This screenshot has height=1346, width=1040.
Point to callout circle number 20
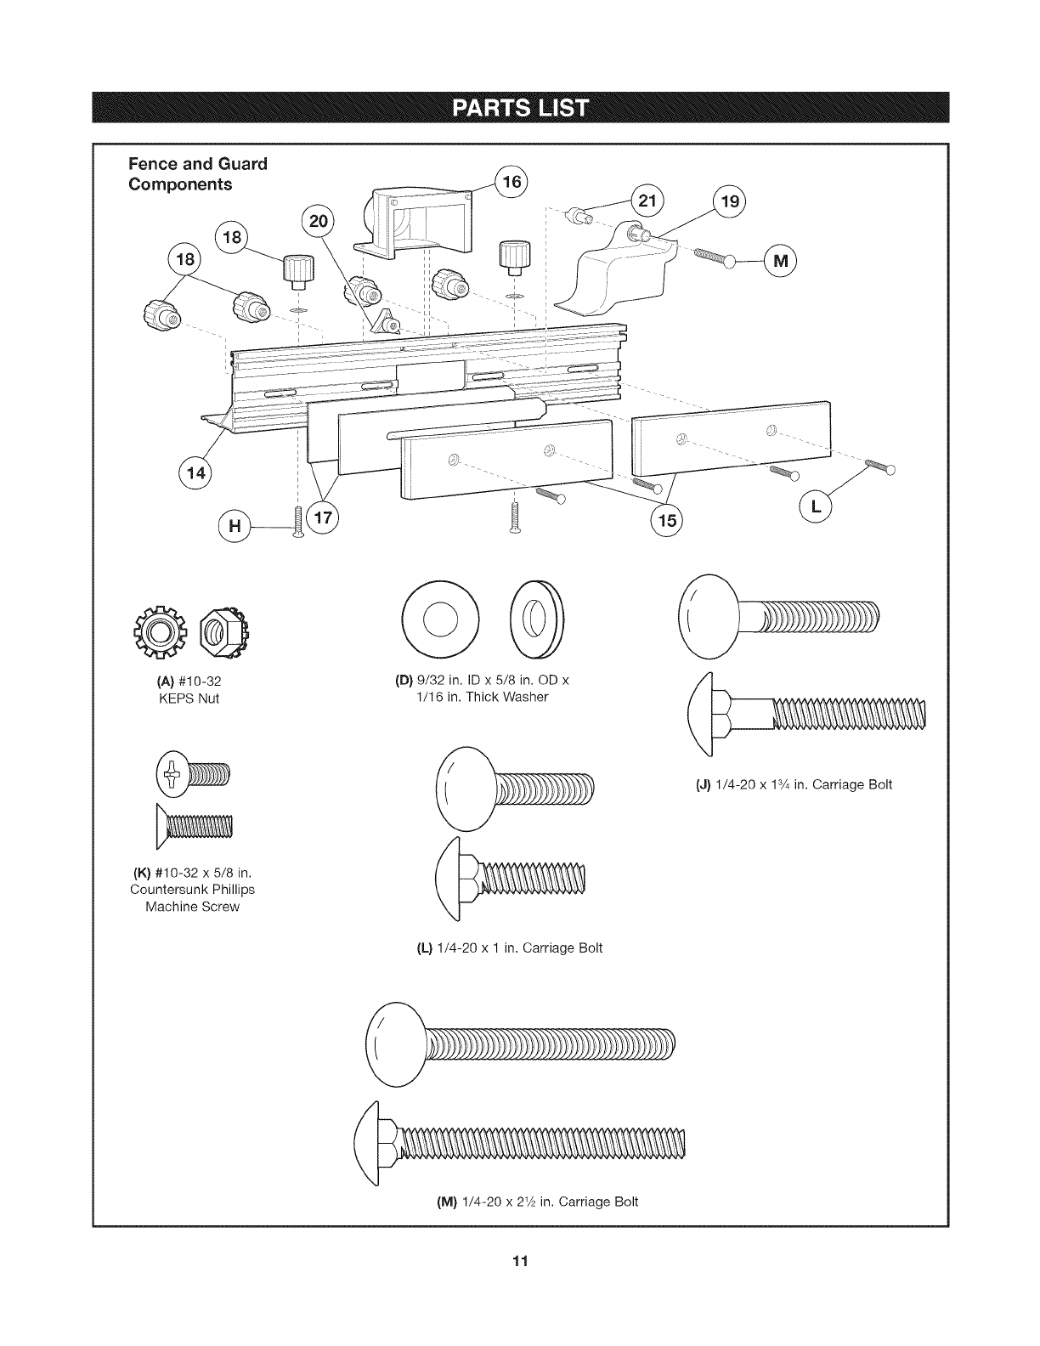[x=318, y=222]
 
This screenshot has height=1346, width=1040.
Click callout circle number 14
[x=196, y=472]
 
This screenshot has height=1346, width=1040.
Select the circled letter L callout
[x=817, y=507]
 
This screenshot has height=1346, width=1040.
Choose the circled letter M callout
[x=781, y=261]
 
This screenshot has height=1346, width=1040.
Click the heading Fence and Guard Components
[x=197, y=173]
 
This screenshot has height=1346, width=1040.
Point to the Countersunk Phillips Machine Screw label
[x=192, y=889]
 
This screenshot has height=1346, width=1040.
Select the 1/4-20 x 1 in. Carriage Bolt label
[x=508, y=947]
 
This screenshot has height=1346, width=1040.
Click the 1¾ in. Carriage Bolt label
[x=794, y=784]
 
